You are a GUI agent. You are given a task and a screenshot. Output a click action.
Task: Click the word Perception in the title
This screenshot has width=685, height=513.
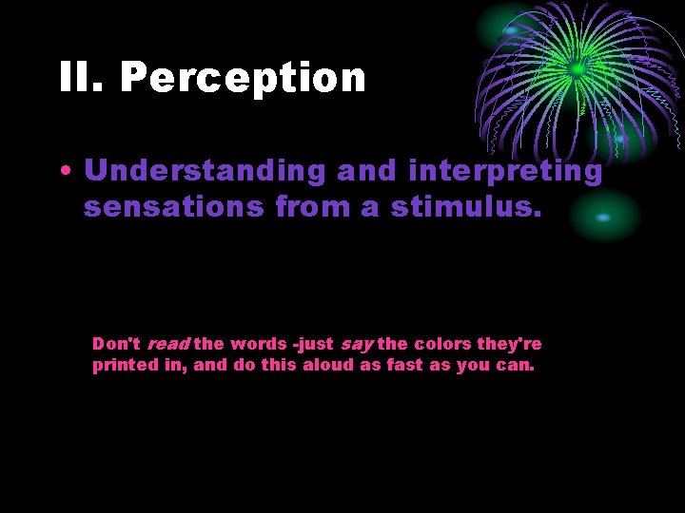click(243, 78)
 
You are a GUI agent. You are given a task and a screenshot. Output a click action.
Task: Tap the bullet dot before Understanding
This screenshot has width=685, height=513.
click(64, 172)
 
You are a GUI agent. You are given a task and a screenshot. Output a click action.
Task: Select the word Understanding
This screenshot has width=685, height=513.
click(204, 171)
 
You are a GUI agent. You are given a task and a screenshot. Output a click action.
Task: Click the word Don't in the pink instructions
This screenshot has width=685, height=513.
click(116, 344)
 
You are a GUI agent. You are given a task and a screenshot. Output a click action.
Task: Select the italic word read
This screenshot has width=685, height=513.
click(167, 344)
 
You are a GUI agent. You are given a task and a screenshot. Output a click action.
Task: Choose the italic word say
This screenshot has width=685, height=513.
click(357, 344)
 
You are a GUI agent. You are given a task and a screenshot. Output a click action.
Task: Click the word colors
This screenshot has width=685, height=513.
click(443, 344)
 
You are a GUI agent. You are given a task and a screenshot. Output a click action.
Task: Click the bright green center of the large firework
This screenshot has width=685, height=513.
click(576, 68)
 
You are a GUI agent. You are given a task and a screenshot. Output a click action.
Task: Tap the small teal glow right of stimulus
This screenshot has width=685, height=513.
click(603, 218)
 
